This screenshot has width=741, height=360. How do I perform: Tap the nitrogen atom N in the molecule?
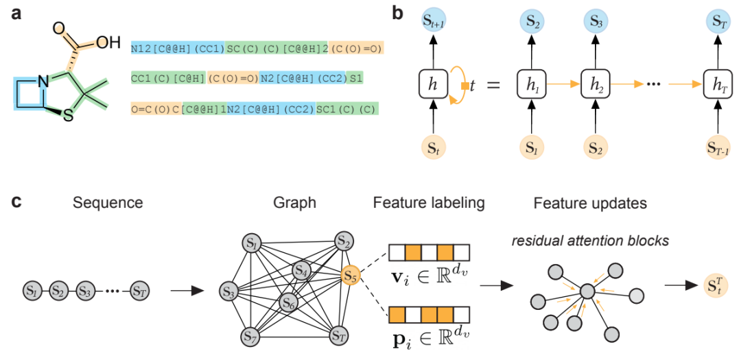43,84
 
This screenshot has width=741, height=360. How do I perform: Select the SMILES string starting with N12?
257,49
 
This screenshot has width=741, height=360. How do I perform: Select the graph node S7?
251,336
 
